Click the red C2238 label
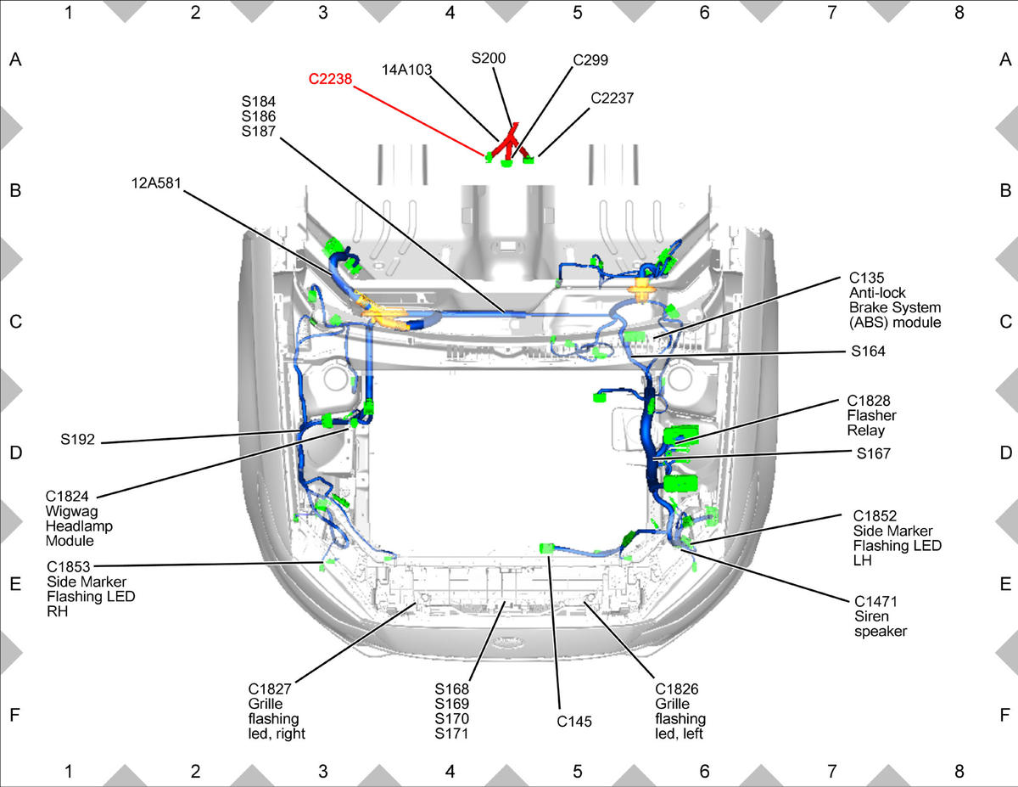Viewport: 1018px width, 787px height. point(330,79)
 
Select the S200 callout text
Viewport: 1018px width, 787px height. point(488,58)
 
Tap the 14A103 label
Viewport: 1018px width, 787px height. point(406,70)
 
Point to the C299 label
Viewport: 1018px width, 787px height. point(590,60)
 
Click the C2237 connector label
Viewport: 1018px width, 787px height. point(612,98)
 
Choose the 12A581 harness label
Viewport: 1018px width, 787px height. point(156,183)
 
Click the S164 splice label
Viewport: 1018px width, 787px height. point(868,351)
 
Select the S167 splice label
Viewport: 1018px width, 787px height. point(873,453)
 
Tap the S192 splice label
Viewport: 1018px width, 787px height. point(77,439)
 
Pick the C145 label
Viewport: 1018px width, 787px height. point(573,722)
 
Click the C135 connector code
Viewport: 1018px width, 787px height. point(866,278)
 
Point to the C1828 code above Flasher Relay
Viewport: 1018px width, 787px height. point(869,401)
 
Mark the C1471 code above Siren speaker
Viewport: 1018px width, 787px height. point(875,601)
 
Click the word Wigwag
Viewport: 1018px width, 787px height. point(71,511)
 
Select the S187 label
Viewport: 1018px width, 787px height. point(258,132)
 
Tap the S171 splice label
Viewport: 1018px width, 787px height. point(451,734)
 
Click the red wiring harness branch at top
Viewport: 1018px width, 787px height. point(507,143)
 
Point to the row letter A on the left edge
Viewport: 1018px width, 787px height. point(15,59)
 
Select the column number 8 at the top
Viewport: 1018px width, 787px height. point(959,13)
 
